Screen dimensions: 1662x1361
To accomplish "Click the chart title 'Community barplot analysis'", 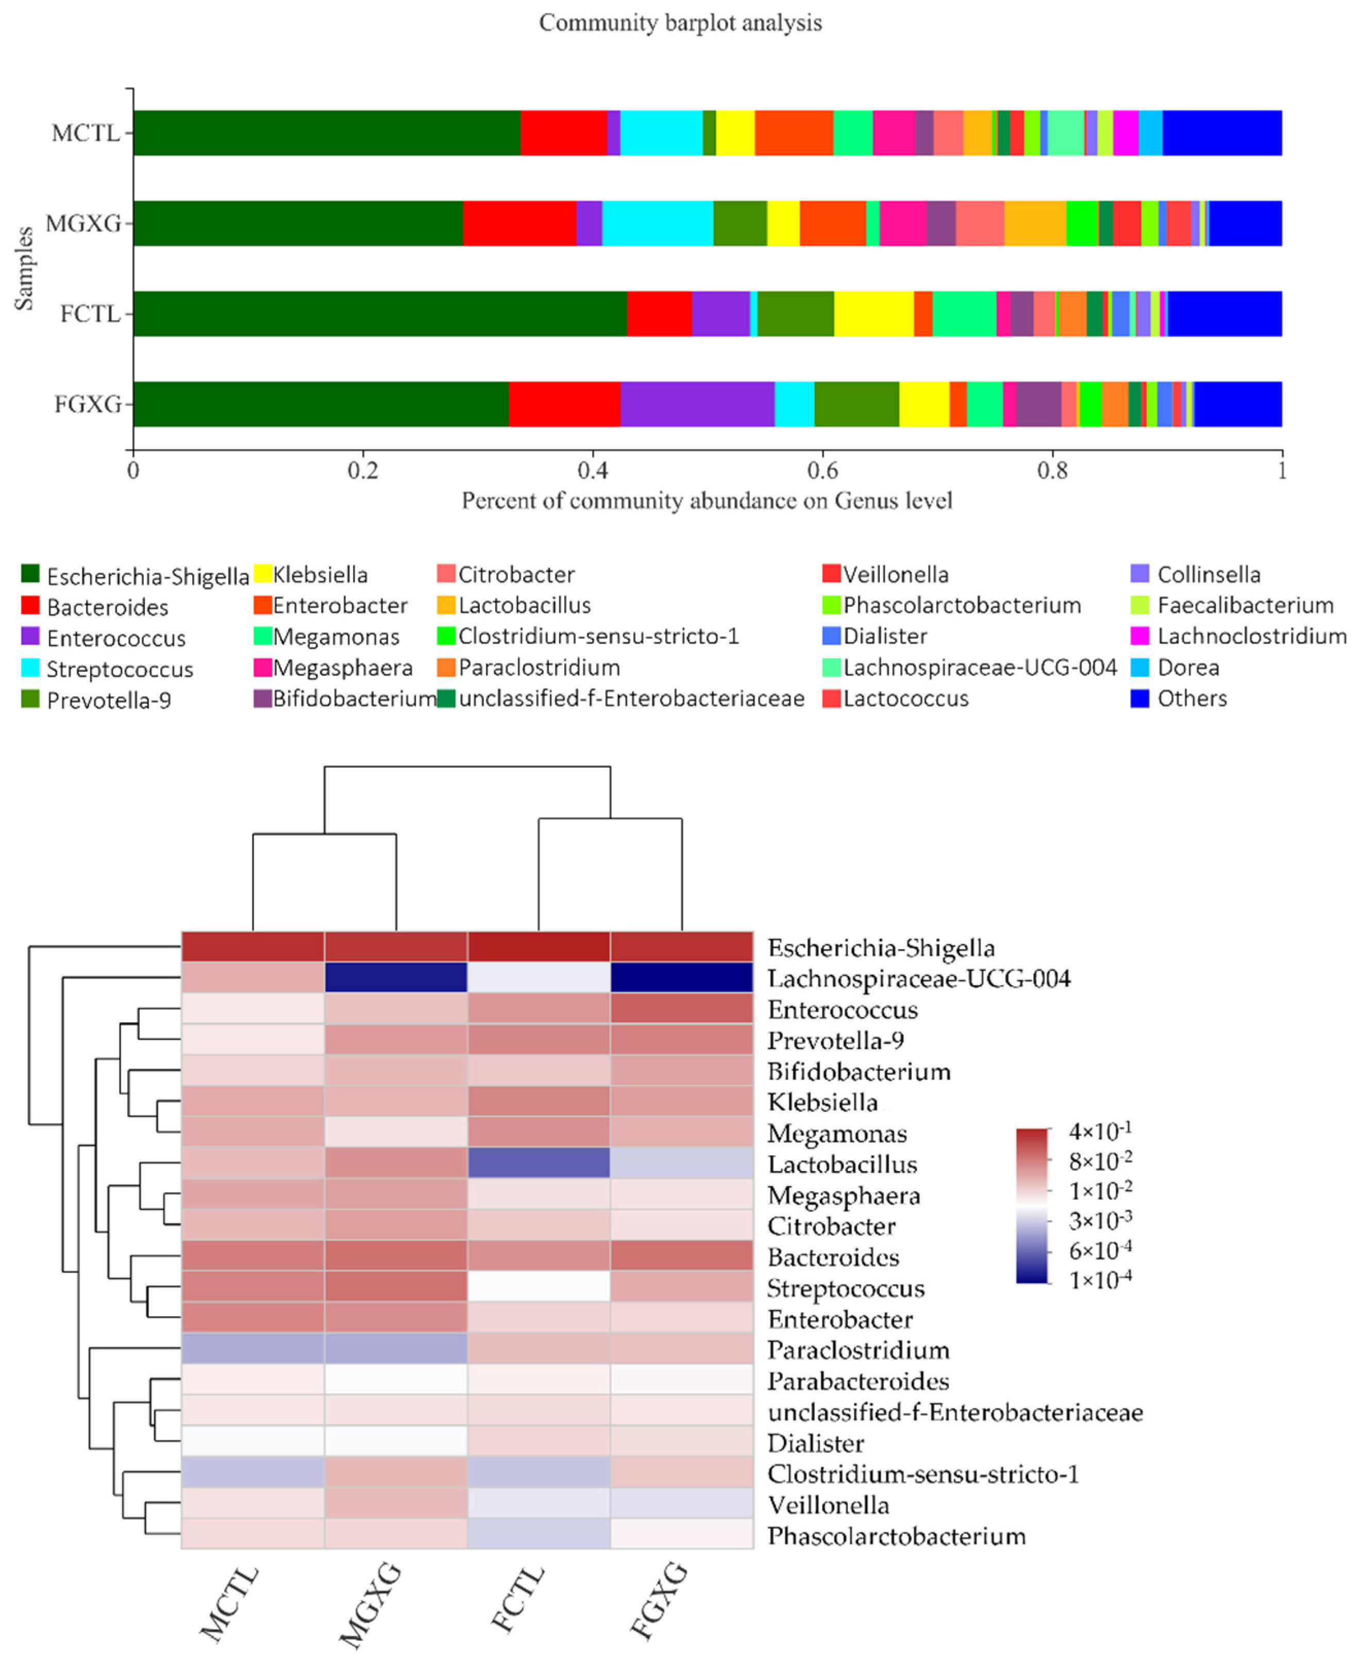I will [x=680, y=23].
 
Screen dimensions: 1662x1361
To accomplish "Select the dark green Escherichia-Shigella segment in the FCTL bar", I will [x=380, y=314].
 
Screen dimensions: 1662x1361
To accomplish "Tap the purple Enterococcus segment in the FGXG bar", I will [x=697, y=404].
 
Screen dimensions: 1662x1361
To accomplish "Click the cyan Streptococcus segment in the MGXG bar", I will [x=657, y=224].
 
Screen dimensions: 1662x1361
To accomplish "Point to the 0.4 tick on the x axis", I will [x=593, y=471].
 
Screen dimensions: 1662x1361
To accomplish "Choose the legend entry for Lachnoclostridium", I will [x=1251, y=636].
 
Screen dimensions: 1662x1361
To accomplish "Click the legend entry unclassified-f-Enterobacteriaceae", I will [x=631, y=699].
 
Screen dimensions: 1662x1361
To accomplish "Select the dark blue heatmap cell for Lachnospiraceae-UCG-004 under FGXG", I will [x=681, y=977].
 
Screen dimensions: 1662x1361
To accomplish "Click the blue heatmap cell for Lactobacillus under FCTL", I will [x=539, y=1163].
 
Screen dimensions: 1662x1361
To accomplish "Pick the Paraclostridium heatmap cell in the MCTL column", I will [x=253, y=1349].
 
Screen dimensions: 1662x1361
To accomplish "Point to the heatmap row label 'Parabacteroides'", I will [x=858, y=1381].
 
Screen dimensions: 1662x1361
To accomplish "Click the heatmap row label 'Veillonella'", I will [x=828, y=1505].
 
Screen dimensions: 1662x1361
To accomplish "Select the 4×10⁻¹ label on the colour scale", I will [x=1100, y=1132].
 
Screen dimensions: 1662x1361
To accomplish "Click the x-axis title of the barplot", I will [x=707, y=501].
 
